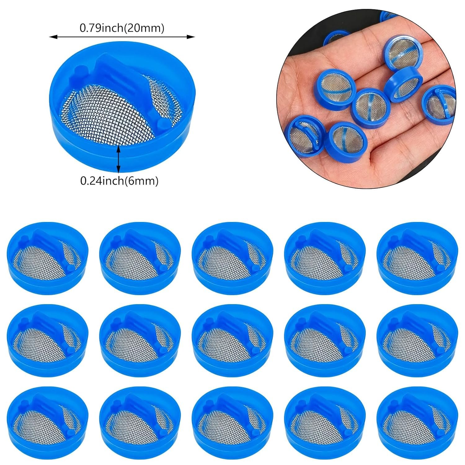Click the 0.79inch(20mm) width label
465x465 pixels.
[x=122, y=28]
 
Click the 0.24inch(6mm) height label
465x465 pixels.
[x=119, y=181]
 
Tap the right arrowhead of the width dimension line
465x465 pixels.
[x=191, y=37]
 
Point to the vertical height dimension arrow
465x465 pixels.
[x=118, y=159]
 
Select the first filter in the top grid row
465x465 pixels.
[x=47, y=258]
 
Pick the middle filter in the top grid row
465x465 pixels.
[x=232, y=258]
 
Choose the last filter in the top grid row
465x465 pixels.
[x=418, y=258]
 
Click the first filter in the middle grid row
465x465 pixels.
[x=47, y=340]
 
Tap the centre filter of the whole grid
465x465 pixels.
[x=232, y=340]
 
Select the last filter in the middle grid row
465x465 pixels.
[x=418, y=340]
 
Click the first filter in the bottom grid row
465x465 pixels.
[x=47, y=423]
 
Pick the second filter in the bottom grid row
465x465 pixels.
[x=140, y=423]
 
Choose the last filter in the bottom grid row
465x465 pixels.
[x=418, y=423]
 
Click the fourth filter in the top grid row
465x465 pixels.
[x=325, y=258]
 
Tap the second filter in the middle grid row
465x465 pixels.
[x=140, y=340]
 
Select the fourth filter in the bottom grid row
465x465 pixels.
[x=325, y=423]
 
